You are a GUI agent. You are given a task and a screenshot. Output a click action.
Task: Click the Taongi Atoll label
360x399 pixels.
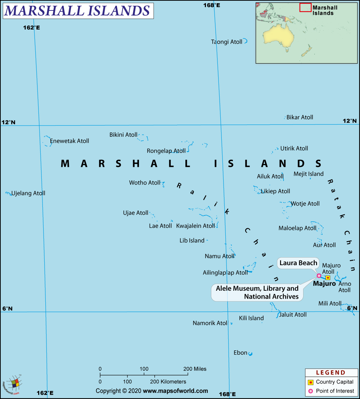coord(226,42)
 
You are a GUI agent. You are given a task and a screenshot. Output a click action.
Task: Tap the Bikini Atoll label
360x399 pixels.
coord(123,135)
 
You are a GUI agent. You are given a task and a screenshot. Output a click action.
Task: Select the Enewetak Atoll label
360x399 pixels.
coord(69,141)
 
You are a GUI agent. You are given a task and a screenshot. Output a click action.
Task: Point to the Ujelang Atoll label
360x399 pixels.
coord(28,193)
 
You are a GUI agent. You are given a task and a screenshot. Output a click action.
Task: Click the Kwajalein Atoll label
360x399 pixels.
coord(195,226)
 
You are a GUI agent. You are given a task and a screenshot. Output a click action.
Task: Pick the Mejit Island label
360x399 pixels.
coord(309,174)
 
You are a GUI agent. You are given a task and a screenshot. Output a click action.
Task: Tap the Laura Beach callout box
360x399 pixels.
coord(298,263)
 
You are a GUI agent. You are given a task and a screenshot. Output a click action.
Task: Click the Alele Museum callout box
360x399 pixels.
coord(257,293)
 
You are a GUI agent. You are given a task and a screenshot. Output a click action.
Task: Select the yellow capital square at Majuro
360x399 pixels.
coord(328,278)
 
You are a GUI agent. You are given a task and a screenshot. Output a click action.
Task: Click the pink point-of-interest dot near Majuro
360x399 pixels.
coord(319,276)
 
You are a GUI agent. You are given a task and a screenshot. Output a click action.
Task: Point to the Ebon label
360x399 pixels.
coord(240,353)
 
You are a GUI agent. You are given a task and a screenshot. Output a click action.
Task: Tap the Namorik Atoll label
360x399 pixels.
coord(210,323)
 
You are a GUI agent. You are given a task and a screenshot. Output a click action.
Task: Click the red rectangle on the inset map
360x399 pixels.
coord(305,7)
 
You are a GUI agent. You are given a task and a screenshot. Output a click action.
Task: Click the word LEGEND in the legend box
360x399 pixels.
coord(330,373)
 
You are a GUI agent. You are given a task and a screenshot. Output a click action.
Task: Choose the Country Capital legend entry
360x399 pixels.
coord(334,382)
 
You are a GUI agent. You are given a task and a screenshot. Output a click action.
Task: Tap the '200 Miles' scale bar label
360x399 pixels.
coord(195,369)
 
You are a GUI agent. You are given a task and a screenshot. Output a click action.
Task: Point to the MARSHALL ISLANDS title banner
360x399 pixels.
coord(77,11)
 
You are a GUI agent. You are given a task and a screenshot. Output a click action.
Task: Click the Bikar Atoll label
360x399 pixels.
coord(300,117)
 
